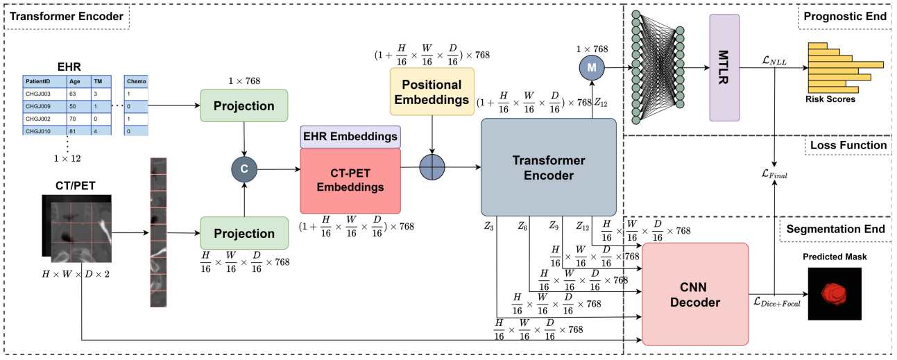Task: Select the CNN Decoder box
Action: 695,293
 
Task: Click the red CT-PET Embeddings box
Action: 350,180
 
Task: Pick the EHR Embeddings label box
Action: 350,137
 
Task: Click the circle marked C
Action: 244,168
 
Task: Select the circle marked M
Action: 592,66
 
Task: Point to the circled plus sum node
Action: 433,168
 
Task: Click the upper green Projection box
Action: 244,107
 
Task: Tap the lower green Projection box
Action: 244,234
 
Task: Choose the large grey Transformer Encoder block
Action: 548,167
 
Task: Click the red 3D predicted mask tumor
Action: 834,293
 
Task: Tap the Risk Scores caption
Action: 830,99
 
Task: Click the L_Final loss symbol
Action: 774,175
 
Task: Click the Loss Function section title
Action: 848,146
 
